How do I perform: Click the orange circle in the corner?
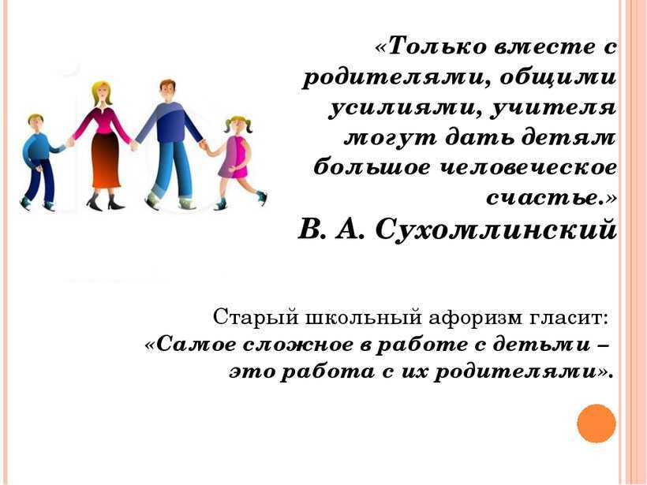(x=597, y=423)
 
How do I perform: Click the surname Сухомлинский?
(x=496, y=229)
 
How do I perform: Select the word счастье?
(x=544, y=197)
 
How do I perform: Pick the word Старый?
(x=256, y=318)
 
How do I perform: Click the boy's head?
(x=36, y=122)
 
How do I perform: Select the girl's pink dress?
(x=235, y=157)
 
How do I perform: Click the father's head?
(x=167, y=90)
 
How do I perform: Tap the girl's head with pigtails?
(x=237, y=125)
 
